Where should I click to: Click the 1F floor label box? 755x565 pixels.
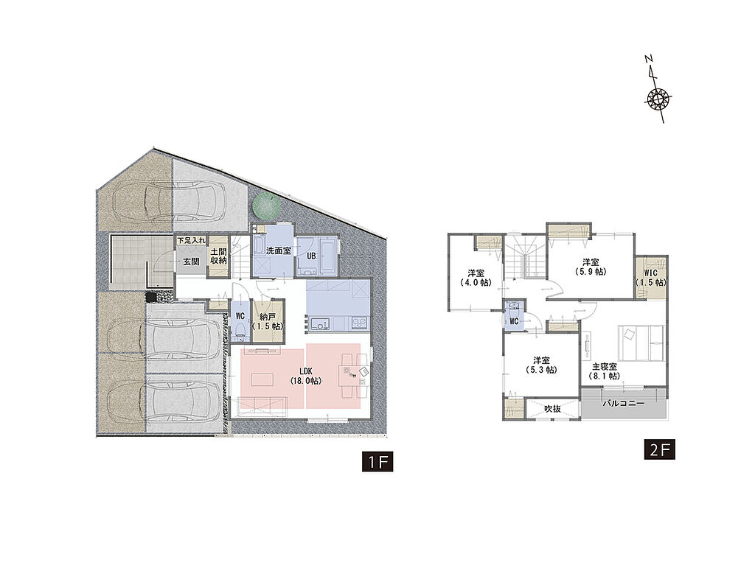click(x=378, y=462)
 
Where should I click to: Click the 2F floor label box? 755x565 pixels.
click(x=660, y=449)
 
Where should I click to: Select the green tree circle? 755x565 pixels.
click(x=266, y=207)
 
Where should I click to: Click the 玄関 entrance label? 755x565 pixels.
click(x=191, y=262)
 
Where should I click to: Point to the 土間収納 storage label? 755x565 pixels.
click(x=218, y=256)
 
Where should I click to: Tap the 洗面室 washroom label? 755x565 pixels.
click(x=279, y=250)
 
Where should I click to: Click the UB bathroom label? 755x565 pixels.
click(x=312, y=256)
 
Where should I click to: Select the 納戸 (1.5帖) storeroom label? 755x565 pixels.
click(x=268, y=321)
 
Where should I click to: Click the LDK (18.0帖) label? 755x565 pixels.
click(x=306, y=376)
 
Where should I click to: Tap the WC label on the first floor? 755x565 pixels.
click(x=240, y=316)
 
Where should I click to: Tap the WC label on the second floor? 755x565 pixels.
click(x=514, y=321)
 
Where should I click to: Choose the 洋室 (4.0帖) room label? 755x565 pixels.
click(x=476, y=278)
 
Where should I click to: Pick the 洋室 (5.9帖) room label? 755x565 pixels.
click(x=591, y=267)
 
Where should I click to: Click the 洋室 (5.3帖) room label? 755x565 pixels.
click(x=541, y=365)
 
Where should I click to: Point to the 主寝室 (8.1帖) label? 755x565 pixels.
click(x=605, y=371)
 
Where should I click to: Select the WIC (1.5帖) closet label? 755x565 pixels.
click(x=650, y=278)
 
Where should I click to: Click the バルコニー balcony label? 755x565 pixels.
click(x=623, y=403)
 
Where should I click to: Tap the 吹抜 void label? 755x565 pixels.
click(x=552, y=409)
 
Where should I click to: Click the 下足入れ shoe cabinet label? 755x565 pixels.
click(x=191, y=240)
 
